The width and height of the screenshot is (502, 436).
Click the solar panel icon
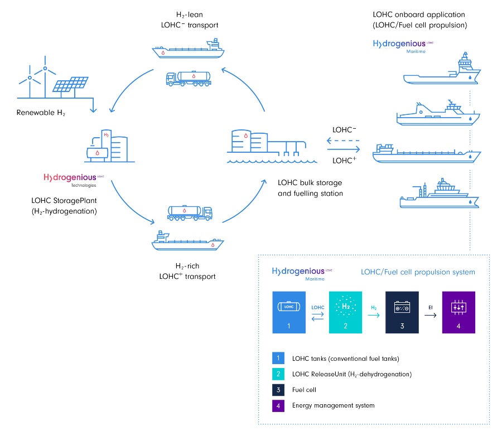[x=70, y=84]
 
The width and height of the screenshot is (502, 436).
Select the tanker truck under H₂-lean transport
[x=189, y=79]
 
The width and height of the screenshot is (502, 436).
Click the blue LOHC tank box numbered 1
[x=289, y=312]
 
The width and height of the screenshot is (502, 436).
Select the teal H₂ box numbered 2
[x=346, y=312]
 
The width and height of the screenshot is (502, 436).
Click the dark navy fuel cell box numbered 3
[x=402, y=312]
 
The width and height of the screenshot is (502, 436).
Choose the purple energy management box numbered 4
[x=458, y=312]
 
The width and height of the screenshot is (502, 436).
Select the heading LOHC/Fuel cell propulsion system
[x=418, y=272]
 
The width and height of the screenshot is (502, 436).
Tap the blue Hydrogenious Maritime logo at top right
[x=403, y=44]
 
